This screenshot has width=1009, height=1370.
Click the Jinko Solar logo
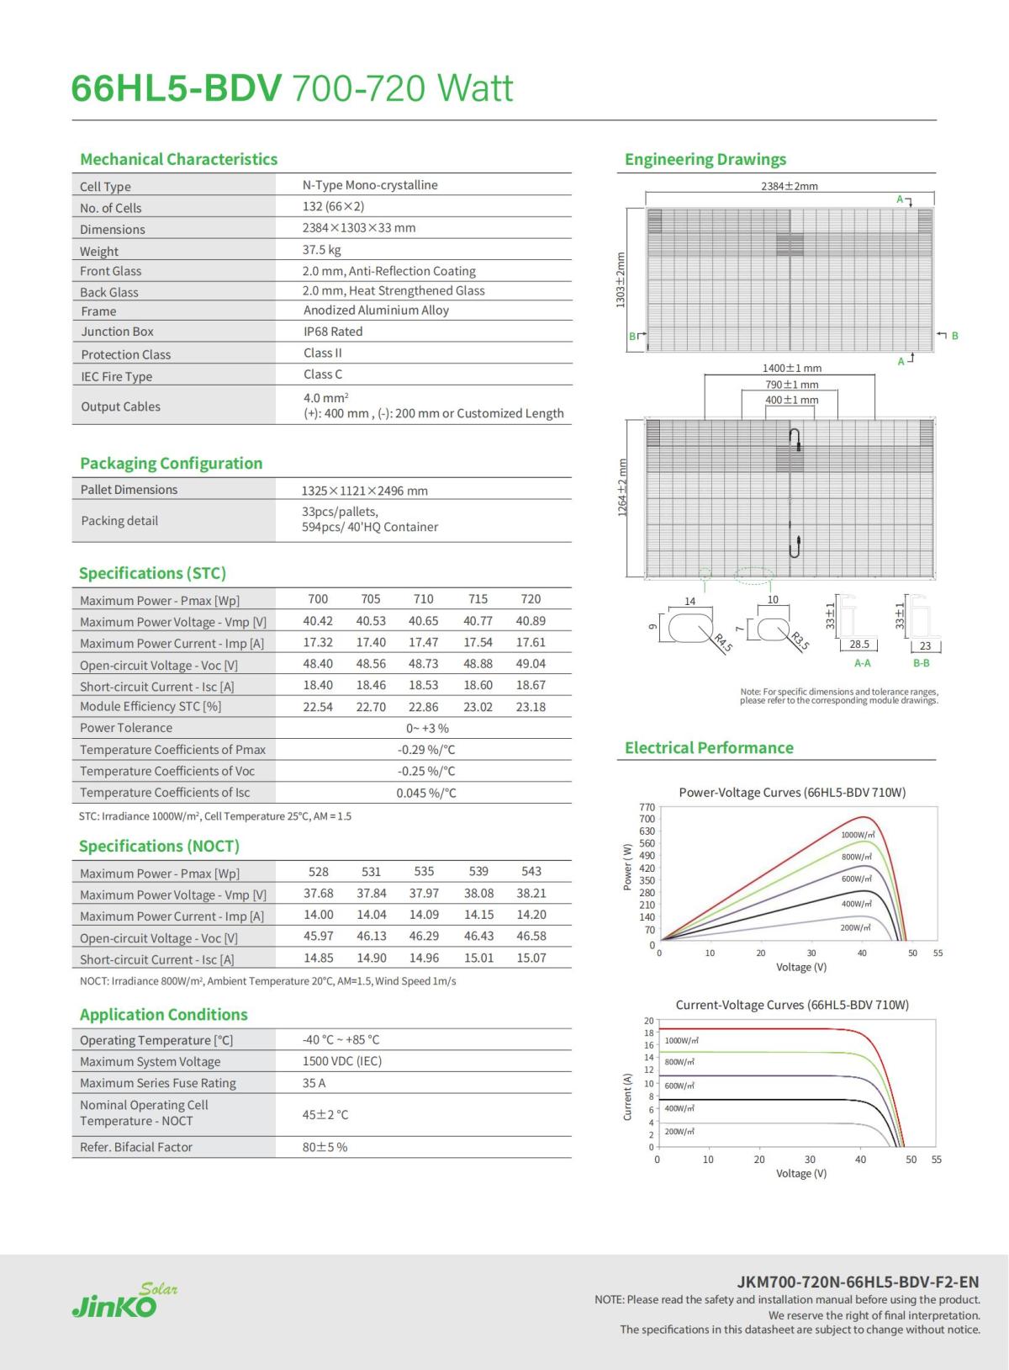click(124, 1300)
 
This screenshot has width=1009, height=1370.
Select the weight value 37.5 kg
click(321, 250)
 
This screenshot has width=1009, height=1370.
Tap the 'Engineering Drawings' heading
click(705, 159)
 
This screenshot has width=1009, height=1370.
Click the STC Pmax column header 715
click(478, 599)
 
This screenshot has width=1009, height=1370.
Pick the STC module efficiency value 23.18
click(531, 707)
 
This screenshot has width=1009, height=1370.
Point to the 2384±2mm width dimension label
click(789, 186)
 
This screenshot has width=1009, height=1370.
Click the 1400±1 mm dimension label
click(791, 369)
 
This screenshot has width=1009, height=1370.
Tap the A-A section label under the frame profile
click(862, 663)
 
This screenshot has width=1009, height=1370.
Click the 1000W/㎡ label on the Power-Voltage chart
click(858, 835)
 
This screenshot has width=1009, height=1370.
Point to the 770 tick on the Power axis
click(647, 807)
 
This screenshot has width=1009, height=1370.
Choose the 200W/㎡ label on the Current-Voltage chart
click(679, 1132)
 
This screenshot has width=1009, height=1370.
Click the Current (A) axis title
click(627, 1097)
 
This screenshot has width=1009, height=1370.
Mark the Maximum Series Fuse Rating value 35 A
click(314, 1083)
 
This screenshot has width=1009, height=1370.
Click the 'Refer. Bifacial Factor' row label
click(136, 1147)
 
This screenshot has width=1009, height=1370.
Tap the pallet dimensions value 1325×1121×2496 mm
click(364, 491)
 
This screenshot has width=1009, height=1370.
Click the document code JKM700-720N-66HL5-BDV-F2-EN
click(858, 1282)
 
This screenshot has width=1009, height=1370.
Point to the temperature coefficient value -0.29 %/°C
click(426, 750)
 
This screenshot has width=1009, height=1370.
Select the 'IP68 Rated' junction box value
click(333, 332)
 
